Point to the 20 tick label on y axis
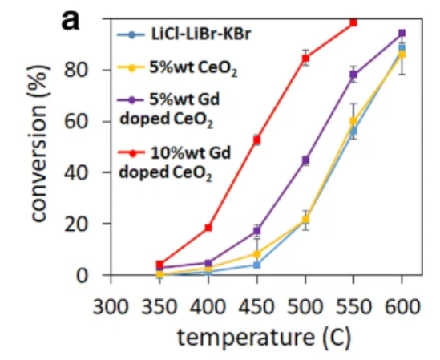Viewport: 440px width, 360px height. pyautogui.click(x=84, y=224)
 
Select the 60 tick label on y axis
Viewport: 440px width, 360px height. pyautogui.click(x=84, y=121)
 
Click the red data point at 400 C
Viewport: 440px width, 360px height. pyautogui.click(x=208, y=228)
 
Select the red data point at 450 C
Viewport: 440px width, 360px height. pyautogui.click(x=257, y=140)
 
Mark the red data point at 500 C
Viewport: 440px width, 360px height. pyautogui.click(x=305, y=58)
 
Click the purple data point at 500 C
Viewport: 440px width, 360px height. pyautogui.click(x=305, y=160)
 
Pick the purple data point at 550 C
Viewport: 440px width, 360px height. pyautogui.click(x=353, y=75)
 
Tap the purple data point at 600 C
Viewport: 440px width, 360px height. pyautogui.click(x=402, y=34)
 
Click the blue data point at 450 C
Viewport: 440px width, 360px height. pyautogui.click(x=257, y=265)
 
